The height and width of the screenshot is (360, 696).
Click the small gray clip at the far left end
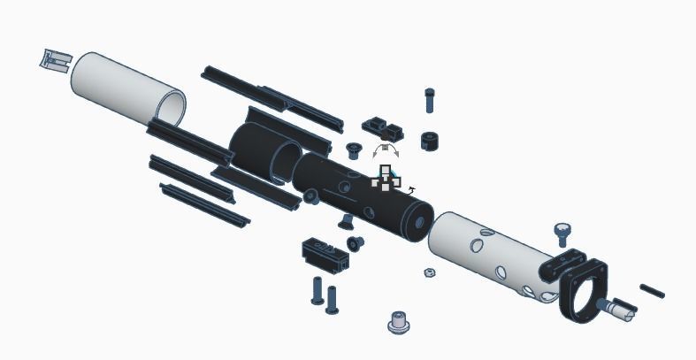(x=55, y=59)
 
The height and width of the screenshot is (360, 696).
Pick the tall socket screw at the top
(x=430, y=99)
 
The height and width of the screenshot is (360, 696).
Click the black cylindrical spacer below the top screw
(x=431, y=141)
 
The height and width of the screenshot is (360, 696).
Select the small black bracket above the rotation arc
(x=382, y=128)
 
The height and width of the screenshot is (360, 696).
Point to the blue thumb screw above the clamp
(x=562, y=234)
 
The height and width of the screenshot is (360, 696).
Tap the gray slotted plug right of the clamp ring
(x=616, y=309)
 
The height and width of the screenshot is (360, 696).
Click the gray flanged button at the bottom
(x=399, y=322)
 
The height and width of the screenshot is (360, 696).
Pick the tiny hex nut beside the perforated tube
(x=428, y=272)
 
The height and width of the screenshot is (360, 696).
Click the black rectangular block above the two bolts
(x=325, y=254)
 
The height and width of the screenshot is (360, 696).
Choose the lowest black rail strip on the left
(x=203, y=204)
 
